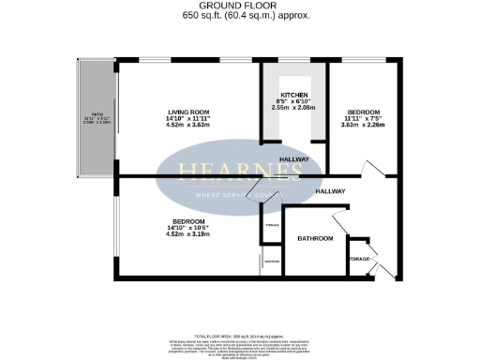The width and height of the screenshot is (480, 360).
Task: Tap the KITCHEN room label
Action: point(295,97)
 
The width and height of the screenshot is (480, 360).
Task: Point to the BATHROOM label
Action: point(315,239)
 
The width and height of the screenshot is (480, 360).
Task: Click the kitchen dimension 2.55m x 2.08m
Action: point(295,110)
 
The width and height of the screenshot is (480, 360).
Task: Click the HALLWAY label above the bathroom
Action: point(331,191)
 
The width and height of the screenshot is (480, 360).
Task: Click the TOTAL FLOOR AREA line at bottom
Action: point(240,335)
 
